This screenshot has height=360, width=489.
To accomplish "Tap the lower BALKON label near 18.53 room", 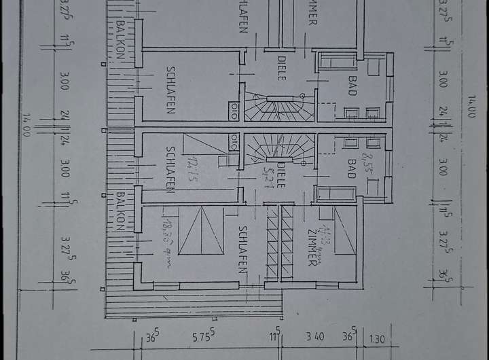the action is click(120, 211).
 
